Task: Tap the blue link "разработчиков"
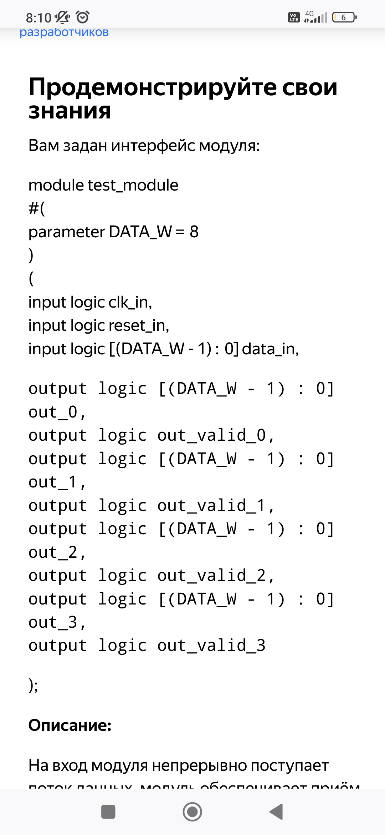tap(64, 32)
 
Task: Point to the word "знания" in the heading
tap(70, 111)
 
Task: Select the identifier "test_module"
tap(133, 185)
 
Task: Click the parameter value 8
tap(194, 232)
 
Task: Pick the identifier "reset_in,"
tap(139, 325)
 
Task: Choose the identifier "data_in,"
tap(270, 349)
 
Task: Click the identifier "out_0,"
tap(57, 412)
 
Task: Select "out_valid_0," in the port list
tap(216, 435)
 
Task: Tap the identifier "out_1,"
tap(57, 482)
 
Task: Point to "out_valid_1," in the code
tap(216, 505)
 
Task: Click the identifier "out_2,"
tap(57, 552)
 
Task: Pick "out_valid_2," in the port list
tap(216, 576)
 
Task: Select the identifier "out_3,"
tap(57, 622)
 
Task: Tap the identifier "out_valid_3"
tap(212, 646)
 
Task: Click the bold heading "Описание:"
tap(70, 725)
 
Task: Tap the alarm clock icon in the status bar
tap(83, 17)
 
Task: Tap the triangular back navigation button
tap(276, 812)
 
